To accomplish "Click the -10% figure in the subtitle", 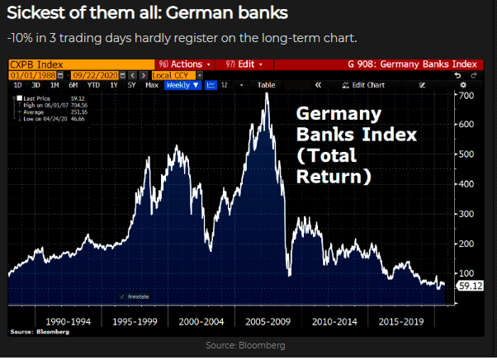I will [20, 38].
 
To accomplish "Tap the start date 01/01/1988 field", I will [31, 74].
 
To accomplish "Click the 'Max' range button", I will [151, 85].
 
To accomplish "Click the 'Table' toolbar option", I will [266, 85].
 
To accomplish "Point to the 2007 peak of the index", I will [267, 93].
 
